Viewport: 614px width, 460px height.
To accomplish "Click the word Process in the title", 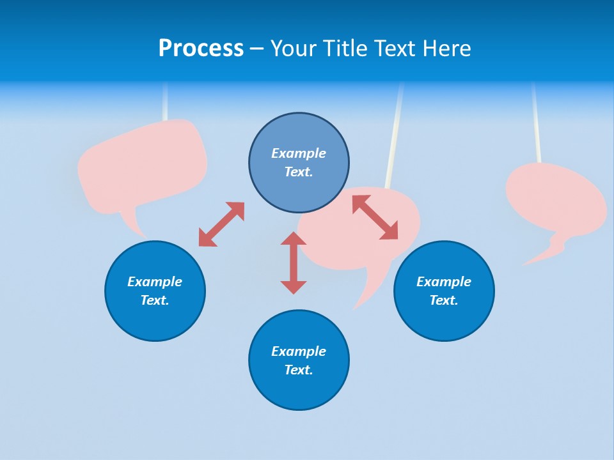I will (201, 49).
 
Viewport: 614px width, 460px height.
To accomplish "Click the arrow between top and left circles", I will (221, 224).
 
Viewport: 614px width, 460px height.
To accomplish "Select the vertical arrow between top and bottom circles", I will (294, 263).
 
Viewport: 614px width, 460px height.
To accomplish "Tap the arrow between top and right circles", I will (375, 217).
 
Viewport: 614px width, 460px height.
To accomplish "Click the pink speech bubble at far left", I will (142, 166).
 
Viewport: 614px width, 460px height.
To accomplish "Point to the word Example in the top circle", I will (299, 153).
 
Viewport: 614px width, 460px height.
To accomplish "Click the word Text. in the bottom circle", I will (299, 370).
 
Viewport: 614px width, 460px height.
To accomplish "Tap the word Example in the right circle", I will (444, 282).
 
